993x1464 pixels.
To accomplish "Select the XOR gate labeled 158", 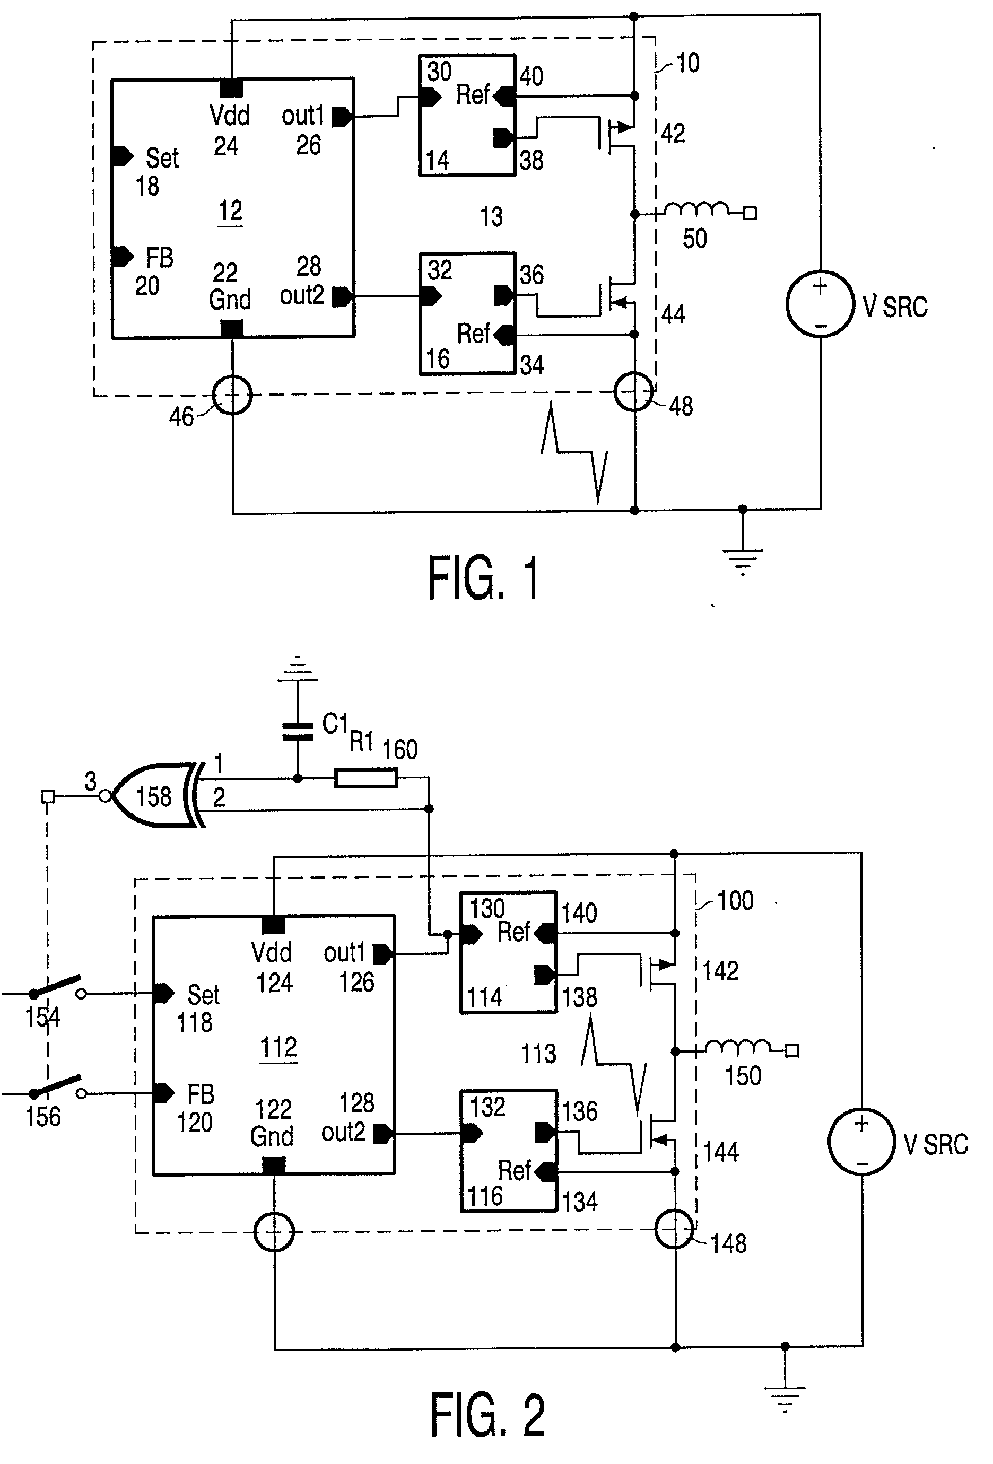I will pos(158,796).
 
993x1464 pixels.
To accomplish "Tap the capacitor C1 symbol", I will pos(298,731).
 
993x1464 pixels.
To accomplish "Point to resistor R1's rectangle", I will pos(365,778).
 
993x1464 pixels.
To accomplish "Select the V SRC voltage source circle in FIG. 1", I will pos(820,304).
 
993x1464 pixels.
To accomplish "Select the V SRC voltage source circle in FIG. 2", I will pos(861,1142).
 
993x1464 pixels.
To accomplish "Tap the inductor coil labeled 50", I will pos(696,210).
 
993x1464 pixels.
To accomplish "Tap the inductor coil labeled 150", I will pos(737,1047).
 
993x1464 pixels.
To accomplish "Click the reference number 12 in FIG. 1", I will pos(230,211).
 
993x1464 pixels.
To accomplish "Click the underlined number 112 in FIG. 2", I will pos(278,1048).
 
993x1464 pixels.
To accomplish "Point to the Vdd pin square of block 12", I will pos(231,88).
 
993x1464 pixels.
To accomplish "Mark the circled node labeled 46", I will pos(232,396).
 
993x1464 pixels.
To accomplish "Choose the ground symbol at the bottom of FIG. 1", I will pos(742,559).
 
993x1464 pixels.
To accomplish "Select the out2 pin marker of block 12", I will pos(342,296).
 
